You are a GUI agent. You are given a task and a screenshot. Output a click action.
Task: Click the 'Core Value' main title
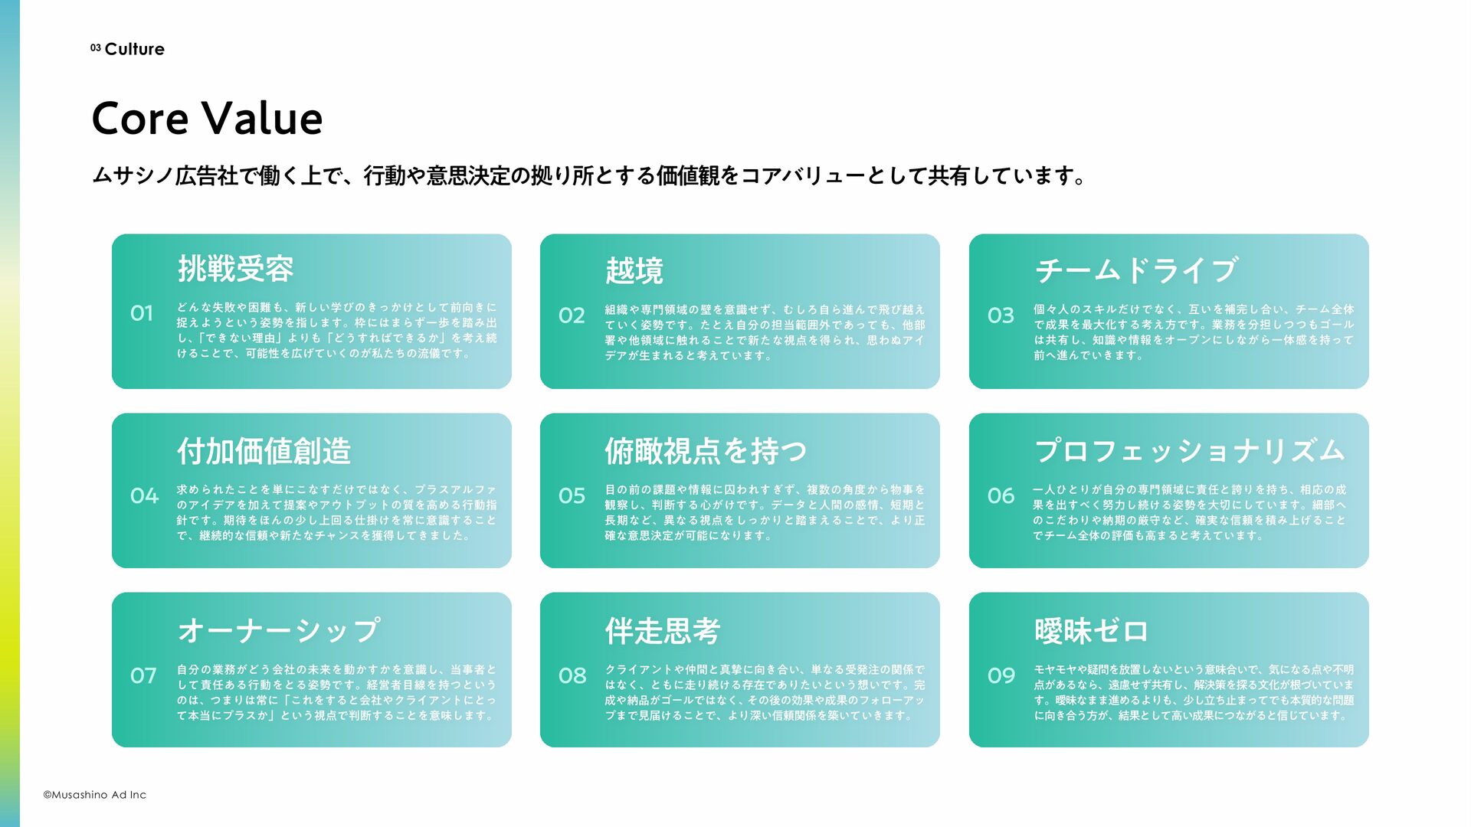tap(207, 119)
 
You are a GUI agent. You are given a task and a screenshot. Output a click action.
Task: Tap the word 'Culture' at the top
tap(134, 49)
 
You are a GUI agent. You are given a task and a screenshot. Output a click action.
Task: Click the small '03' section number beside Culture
tap(95, 48)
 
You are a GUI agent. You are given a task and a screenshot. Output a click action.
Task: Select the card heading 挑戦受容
tap(235, 269)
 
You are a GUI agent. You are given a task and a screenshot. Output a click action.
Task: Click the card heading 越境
tap(634, 270)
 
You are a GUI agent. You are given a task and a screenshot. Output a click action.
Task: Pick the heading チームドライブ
tap(1135, 270)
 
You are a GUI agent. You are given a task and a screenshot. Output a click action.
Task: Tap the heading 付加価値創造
tap(264, 451)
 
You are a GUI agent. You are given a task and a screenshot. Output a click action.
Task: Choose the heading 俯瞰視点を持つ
tap(705, 451)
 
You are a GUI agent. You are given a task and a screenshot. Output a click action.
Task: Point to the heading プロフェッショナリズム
tap(1189, 451)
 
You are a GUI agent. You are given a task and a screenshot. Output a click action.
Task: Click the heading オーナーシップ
tap(278, 631)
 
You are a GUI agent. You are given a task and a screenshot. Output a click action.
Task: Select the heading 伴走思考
tap(662, 631)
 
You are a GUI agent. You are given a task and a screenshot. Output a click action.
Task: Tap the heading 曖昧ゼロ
tap(1091, 631)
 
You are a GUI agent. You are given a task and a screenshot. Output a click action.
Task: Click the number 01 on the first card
tap(142, 313)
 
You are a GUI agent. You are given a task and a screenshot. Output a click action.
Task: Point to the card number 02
tap(572, 315)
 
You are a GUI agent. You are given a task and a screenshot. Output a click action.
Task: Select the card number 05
tap(572, 496)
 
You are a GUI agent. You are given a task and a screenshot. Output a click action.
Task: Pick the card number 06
tap(1001, 496)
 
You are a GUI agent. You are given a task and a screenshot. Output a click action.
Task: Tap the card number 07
tap(143, 676)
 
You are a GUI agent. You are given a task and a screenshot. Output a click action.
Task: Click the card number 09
tap(1001, 676)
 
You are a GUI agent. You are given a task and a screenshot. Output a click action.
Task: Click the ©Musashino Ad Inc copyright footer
tap(94, 795)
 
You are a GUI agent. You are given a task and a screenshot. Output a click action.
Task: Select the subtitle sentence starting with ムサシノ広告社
tap(588, 176)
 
